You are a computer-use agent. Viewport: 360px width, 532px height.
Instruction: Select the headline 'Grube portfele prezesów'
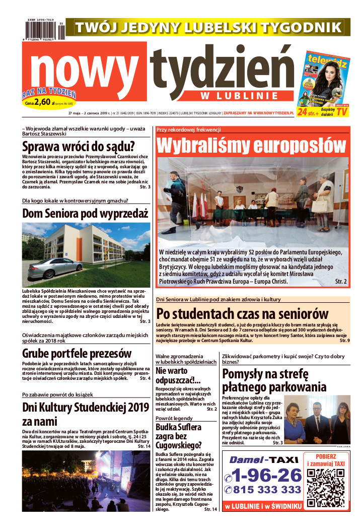point(77,353)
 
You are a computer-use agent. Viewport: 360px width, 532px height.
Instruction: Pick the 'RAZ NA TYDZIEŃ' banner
point(49,93)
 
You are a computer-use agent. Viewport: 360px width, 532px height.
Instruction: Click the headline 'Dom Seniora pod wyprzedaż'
point(86,213)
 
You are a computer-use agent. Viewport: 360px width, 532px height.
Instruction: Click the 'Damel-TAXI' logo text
point(264,459)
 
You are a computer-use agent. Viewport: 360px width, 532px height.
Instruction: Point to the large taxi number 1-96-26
point(263,475)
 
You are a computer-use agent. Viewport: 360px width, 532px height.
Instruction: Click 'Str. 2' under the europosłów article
point(341,282)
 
